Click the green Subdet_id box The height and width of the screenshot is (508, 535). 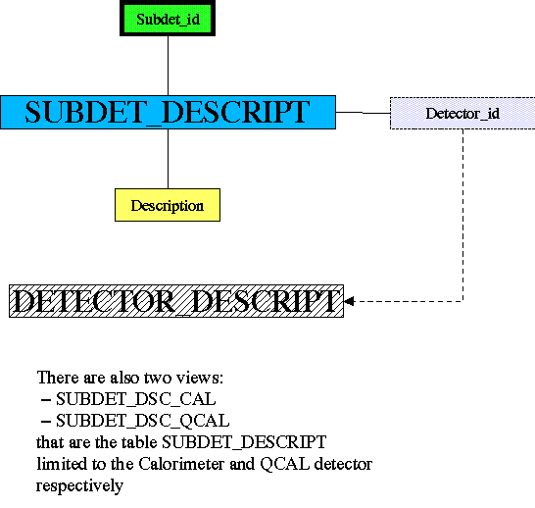coord(168,18)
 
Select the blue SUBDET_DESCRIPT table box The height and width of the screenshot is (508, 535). coord(168,113)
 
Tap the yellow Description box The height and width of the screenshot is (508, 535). coord(168,205)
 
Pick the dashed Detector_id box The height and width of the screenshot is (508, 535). coord(462,114)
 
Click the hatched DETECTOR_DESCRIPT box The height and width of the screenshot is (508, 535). coord(176,301)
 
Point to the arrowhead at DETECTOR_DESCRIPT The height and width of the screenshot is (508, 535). coord(349,301)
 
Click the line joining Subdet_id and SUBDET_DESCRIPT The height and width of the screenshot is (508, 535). coord(168,66)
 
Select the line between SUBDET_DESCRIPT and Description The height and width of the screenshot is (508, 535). coord(168,159)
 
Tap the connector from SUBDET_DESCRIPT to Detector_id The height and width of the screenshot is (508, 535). coord(363,113)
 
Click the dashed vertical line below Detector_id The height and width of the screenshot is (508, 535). coord(463,215)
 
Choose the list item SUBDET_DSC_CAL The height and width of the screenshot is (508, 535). coord(136,399)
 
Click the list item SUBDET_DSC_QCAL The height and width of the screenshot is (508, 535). coord(143,421)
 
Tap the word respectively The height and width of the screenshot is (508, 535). coord(79,486)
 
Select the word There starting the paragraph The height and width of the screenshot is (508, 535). coord(59,378)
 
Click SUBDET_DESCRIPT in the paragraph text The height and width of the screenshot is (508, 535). coord(244,442)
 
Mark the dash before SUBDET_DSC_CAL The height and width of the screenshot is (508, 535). coord(46,400)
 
